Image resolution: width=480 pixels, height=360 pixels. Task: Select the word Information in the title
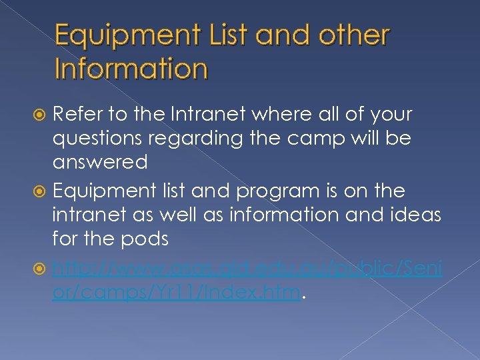pos(131,68)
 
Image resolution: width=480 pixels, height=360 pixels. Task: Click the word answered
pos(100,162)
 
